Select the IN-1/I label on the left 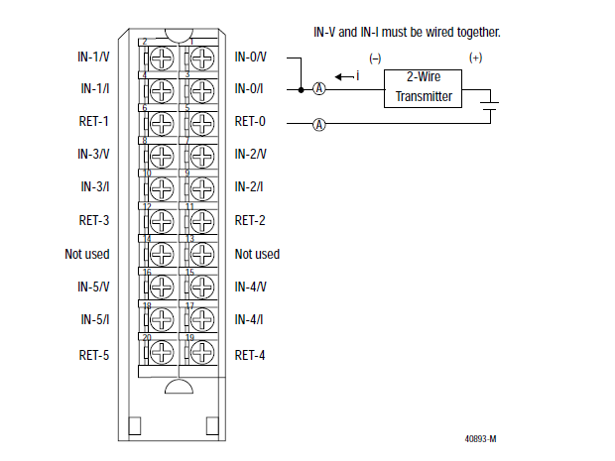coord(94,89)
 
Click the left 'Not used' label coord(87,254)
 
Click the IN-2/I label coord(250,187)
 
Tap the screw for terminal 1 coord(201,58)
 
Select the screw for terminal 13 coord(201,255)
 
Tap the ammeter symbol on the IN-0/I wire coord(319,89)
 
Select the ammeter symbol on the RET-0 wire coord(319,124)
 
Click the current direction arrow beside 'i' coord(342,75)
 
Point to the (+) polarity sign coord(475,58)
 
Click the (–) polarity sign coord(375,58)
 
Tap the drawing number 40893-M coord(481,437)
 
